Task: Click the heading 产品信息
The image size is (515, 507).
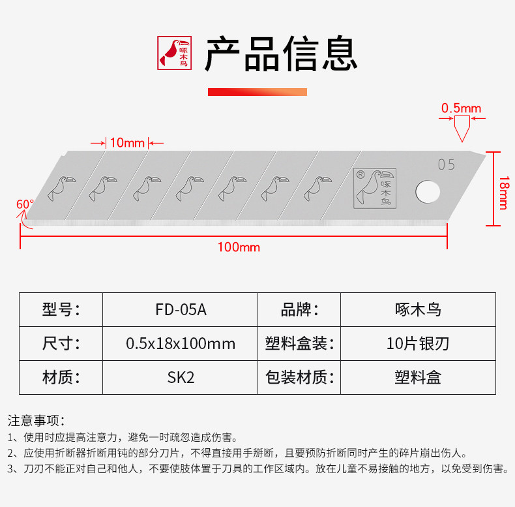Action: pyautogui.click(x=281, y=54)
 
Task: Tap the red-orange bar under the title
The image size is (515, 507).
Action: pyautogui.click(x=257, y=91)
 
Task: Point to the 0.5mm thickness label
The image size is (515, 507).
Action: pyautogui.click(x=461, y=108)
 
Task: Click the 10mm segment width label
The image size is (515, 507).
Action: pyautogui.click(x=127, y=142)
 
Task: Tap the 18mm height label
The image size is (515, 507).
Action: pyautogui.click(x=502, y=189)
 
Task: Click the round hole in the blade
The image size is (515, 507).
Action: pyautogui.click(x=426, y=191)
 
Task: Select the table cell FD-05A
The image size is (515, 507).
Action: pyautogui.click(x=181, y=309)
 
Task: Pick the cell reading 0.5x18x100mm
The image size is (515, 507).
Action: pyautogui.click(x=181, y=343)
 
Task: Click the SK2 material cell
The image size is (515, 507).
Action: pyautogui.click(x=181, y=377)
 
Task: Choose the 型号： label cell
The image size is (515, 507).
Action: pyautogui.click(x=61, y=309)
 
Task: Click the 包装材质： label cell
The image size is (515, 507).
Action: pyautogui.click(x=299, y=377)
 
